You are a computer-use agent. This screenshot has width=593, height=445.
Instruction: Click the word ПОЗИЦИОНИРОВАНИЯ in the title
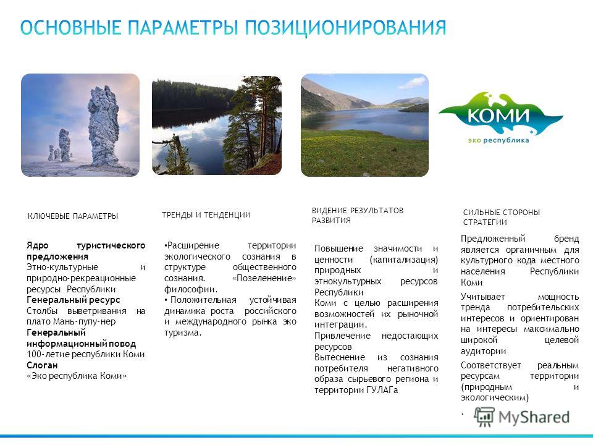click(x=346, y=28)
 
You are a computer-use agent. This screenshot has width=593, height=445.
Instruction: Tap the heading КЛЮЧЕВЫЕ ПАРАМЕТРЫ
click(x=73, y=216)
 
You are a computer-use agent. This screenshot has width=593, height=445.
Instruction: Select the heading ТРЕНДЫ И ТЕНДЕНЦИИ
click(x=206, y=215)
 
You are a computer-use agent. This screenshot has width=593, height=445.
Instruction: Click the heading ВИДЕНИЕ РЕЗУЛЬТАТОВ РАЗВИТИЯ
click(x=358, y=215)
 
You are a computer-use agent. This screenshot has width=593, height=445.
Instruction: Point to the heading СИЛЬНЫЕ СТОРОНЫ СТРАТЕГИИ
click(x=501, y=217)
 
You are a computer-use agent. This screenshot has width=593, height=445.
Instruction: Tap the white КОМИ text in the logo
click(x=498, y=114)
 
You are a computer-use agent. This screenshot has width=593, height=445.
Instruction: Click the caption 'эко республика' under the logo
click(x=498, y=140)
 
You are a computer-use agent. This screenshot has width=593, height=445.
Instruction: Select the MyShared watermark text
click(x=534, y=417)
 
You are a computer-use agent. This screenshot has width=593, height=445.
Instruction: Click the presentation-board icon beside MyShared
click(x=484, y=417)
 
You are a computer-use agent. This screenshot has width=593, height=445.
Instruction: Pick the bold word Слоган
click(x=42, y=365)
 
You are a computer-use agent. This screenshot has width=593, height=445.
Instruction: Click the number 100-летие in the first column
click(x=48, y=355)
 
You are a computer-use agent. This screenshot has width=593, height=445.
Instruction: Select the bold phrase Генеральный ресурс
click(x=73, y=300)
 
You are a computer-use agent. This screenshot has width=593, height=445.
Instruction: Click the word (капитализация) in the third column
click(x=403, y=260)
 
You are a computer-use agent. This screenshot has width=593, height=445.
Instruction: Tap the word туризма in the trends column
click(x=183, y=333)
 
